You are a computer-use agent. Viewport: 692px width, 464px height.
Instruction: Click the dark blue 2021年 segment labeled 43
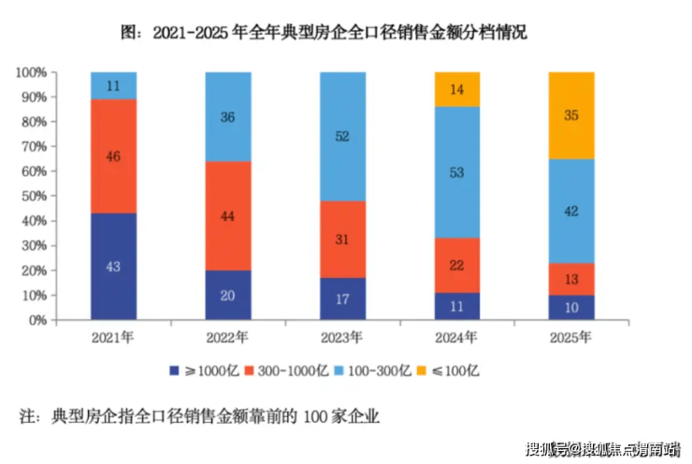(x=113, y=267)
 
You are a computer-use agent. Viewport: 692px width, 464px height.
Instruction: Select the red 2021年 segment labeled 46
(x=113, y=156)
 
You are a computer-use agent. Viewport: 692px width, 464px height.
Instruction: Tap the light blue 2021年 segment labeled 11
(x=113, y=85)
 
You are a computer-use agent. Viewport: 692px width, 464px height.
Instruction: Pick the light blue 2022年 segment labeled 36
(x=228, y=117)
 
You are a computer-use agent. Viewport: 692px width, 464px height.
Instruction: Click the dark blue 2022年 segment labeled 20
(x=228, y=295)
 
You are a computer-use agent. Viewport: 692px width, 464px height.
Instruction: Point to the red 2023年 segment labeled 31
(x=342, y=239)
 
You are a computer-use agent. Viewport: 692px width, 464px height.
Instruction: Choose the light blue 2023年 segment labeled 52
(x=342, y=137)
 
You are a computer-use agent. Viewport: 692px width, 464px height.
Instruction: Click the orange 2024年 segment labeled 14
(x=457, y=90)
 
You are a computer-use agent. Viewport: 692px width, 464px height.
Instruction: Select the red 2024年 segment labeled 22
(x=457, y=266)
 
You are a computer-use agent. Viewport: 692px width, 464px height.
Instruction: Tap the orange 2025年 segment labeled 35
(x=571, y=116)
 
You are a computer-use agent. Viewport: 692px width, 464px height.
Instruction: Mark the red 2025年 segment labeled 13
(x=571, y=280)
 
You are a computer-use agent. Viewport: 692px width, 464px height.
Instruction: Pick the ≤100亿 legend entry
(x=452, y=370)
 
